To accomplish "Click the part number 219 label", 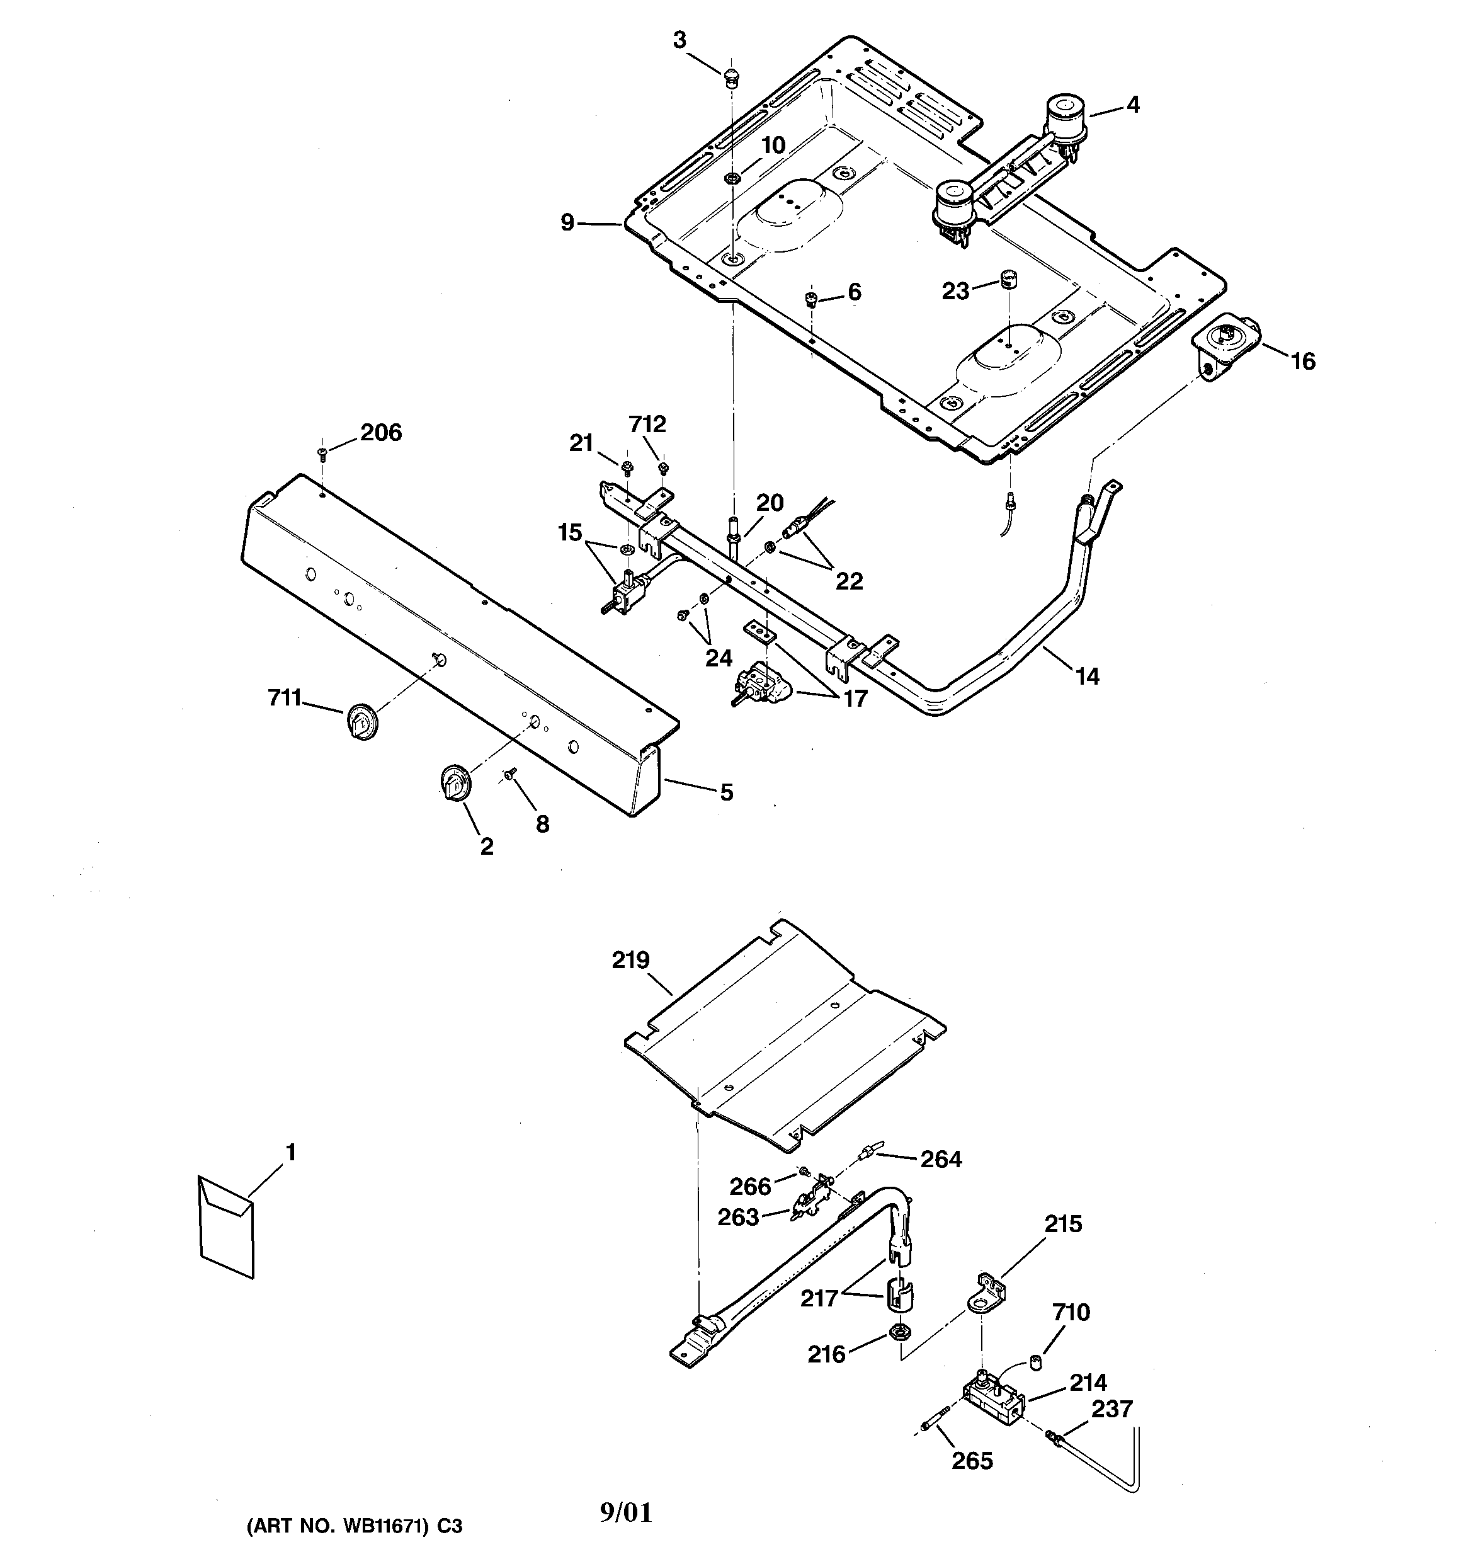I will (x=630, y=960).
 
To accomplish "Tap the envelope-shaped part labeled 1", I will (x=227, y=1227).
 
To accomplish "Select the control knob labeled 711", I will (x=361, y=721).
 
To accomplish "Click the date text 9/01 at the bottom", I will (x=626, y=1512).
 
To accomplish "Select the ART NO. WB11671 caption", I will (x=355, y=1526).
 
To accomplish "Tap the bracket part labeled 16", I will (x=1222, y=349).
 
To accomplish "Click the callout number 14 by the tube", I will (x=1087, y=675).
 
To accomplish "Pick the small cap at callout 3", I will (x=732, y=76).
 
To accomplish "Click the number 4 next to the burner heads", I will (x=1132, y=105).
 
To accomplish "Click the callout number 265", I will (x=972, y=1460).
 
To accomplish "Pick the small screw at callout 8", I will (x=509, y=774).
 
